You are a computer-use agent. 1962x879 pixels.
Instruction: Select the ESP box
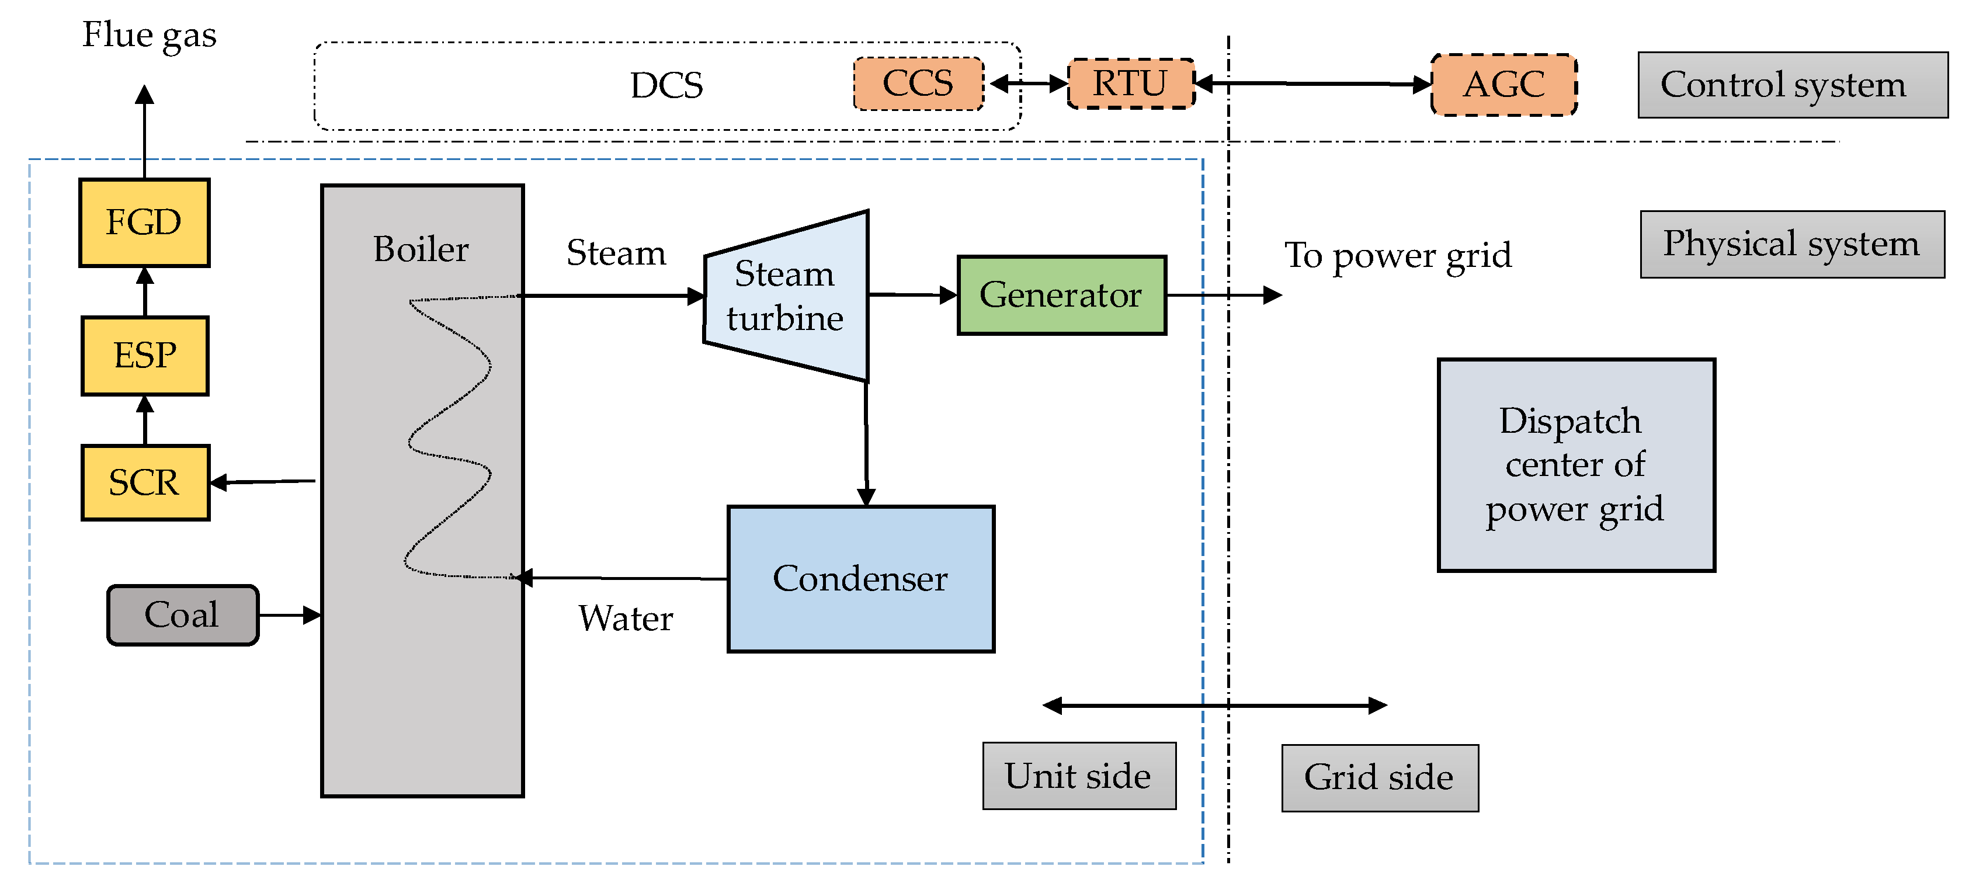(x=145, y=356)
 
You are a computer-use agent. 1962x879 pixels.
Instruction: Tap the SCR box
(x=145, y=483)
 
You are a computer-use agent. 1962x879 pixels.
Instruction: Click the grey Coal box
(x=183, y=614)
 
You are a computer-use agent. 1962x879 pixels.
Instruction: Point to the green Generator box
(x=1061, y=295)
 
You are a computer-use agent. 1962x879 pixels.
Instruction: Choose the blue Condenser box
(x=860, y=579)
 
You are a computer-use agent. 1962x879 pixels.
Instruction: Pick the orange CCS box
(x=918, y=84)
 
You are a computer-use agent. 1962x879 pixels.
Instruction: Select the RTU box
(x=1130, y=84)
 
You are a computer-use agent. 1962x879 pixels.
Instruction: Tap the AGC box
(x=1503, y=85)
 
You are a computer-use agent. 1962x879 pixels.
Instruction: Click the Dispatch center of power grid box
(x=1576, y=465)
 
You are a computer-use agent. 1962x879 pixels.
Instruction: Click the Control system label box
(x=1792, y=85)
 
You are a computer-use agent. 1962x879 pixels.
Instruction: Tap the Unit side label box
(x=1078, y=776)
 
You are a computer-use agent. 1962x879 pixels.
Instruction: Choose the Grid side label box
(x=1379, y=778)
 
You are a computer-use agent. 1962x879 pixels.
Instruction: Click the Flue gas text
(x=150, y=35)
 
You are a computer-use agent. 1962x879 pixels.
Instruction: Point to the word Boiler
(x=421, y=249)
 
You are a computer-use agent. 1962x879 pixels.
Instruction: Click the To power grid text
(x=1398, y=255)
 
